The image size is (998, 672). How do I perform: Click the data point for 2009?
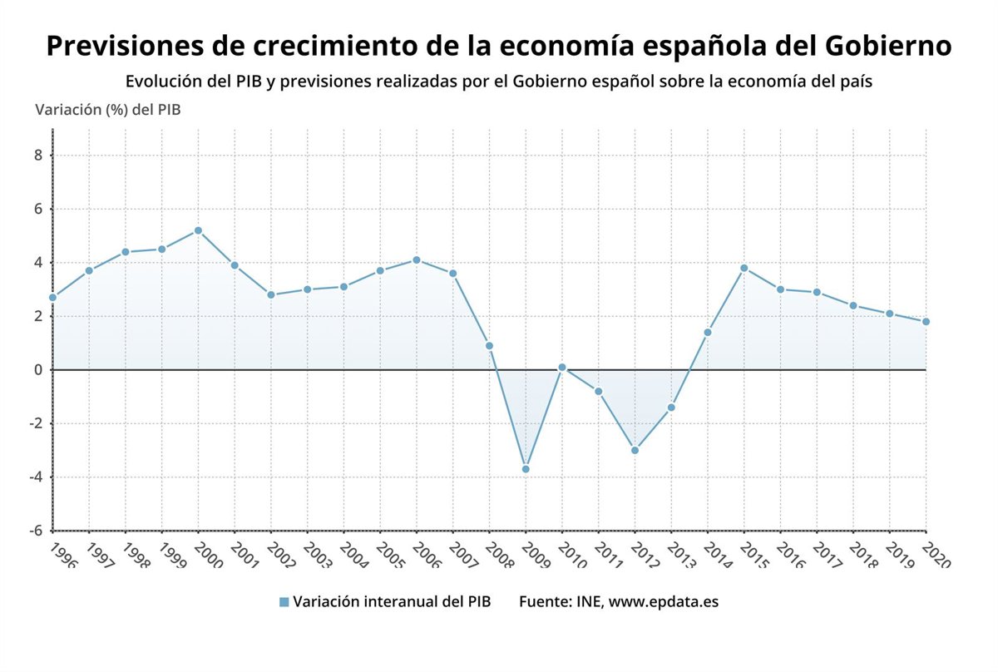pos(526,469)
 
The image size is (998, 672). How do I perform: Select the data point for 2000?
pos(198,230)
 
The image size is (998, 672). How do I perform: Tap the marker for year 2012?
pos(635,450)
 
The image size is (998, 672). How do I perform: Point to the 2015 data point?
pos(744,268)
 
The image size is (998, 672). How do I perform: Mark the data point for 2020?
pos(926,322)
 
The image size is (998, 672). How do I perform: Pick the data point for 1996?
pos(52,297)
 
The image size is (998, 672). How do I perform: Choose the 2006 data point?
pos(417,259)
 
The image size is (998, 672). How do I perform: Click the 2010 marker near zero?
pos(562,367)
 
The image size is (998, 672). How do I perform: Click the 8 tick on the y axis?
pos(38,156)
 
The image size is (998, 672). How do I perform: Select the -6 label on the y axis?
pos(36,531)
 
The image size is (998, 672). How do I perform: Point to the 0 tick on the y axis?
pos(38,369)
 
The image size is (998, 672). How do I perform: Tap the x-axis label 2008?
pos(497,555)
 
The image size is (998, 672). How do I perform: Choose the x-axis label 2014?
pos(716,555)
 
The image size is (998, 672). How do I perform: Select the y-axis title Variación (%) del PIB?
pos(107,109)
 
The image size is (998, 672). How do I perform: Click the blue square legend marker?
pos(284,602)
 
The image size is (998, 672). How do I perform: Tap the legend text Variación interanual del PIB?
pos(392,601)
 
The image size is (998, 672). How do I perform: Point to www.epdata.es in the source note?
pos(663,601)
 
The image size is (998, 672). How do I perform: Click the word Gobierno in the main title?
pos(887,46)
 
